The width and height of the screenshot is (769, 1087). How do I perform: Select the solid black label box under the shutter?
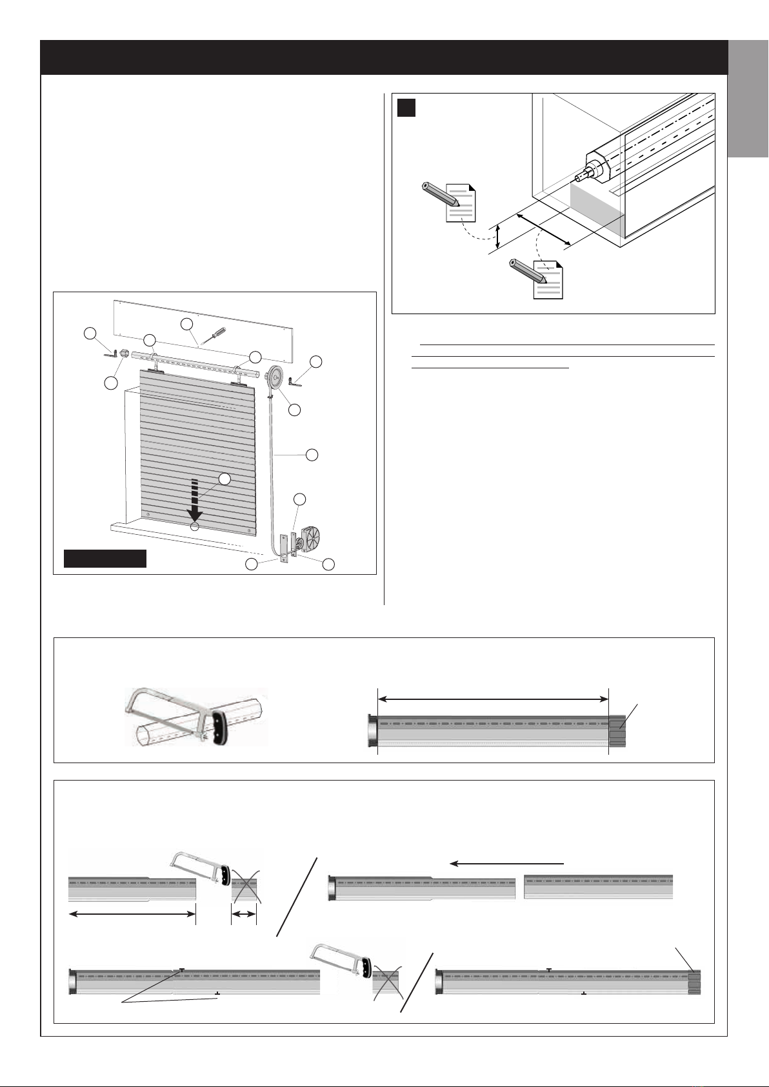(105, 558)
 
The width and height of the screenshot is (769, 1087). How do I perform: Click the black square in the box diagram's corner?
(406, 108)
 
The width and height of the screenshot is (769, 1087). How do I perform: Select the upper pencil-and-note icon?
(451, 201)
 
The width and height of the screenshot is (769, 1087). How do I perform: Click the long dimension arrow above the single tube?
(493, 699)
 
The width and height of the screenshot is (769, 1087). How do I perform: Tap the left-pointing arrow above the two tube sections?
(506, 863)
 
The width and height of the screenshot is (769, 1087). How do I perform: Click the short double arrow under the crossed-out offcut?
(244, 913)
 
